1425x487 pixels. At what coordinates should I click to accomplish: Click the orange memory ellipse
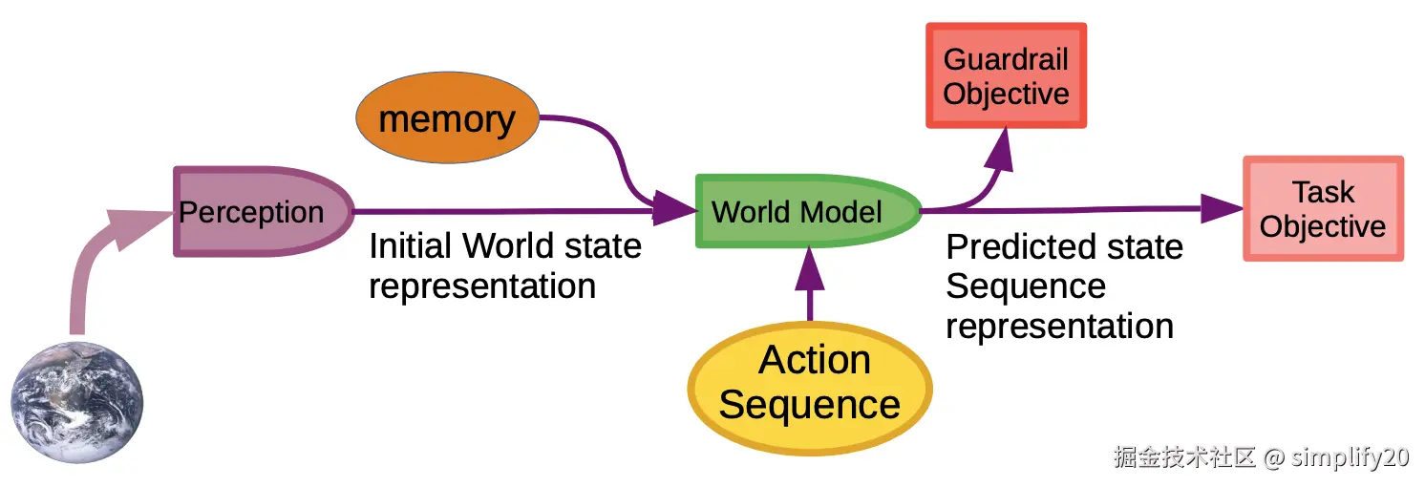[447, 119]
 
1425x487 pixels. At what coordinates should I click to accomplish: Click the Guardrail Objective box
[1006, 76]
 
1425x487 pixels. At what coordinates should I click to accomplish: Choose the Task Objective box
[1323, 209]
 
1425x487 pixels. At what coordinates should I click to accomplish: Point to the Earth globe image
[77, 402]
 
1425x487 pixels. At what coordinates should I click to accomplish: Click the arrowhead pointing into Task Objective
[1219, 207]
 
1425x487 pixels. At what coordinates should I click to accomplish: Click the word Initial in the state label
[411, 246]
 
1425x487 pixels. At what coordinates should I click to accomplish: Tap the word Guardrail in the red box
[1006, 59]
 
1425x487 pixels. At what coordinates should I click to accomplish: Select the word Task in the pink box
[1323, 192]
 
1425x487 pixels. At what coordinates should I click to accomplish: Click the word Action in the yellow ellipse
[814, 360]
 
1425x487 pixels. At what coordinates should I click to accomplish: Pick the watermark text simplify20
[1350, 457]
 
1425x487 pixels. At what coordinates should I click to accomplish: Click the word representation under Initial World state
[482, 286]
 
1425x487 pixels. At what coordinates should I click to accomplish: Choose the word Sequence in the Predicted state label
[1026, 286]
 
